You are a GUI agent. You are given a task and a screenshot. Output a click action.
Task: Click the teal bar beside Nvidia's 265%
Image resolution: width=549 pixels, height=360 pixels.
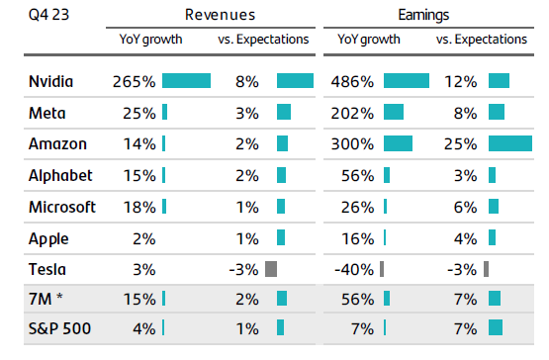[x=186, y=82]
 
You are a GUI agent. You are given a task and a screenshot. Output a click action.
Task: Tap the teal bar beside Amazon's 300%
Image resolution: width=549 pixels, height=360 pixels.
[x=398, y=144]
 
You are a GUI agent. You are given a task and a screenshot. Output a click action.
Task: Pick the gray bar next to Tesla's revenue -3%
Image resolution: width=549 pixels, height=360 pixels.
[x=271, y=269]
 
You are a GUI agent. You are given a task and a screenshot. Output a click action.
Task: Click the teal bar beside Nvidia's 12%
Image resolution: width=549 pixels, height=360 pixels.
[x=499, y=82]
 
